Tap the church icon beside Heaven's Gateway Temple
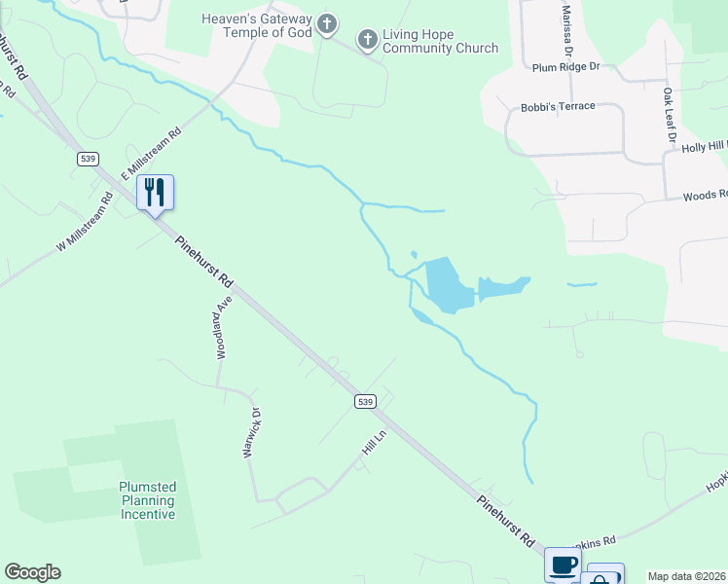[x=327, y=23]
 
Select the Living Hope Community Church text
[x=440, y=41]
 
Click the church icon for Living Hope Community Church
[x=368, y=40]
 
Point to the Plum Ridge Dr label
[x=567, y=67]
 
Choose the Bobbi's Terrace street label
[x=558, y=106]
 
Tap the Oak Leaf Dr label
[x=669, y=116]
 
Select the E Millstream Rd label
[x=152, y=154]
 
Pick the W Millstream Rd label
[x=85, y=222]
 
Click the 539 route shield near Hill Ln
[x=365, y=401]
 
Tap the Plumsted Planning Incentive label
[x=147, y=500]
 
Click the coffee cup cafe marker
[x=562, y=564]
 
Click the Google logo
[x=33, y=572]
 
